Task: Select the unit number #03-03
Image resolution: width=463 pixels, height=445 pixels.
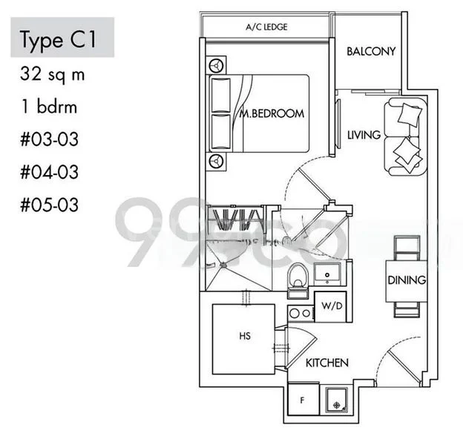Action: point(50,139)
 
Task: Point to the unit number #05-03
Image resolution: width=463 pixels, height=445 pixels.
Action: point(50,204)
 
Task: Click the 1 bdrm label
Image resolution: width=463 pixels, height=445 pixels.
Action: point(49,107)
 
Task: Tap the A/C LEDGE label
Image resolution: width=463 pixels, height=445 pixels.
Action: point(266,27)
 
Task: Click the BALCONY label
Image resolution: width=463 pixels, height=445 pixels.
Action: point(371,51)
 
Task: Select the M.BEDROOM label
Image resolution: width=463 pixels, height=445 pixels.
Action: point(272,113)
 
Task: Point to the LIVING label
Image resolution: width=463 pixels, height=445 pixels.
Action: point(364,135)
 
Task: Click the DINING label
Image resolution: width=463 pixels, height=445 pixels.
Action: point(406,280)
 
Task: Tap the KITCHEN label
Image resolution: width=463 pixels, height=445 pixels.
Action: point(327,363)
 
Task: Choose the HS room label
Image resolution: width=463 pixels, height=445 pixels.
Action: point(245,336)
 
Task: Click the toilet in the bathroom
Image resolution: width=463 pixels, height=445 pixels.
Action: point(297,277)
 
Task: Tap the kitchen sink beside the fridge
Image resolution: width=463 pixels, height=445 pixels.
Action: point(338,400)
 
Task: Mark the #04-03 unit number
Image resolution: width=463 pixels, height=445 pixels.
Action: point(50,172)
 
